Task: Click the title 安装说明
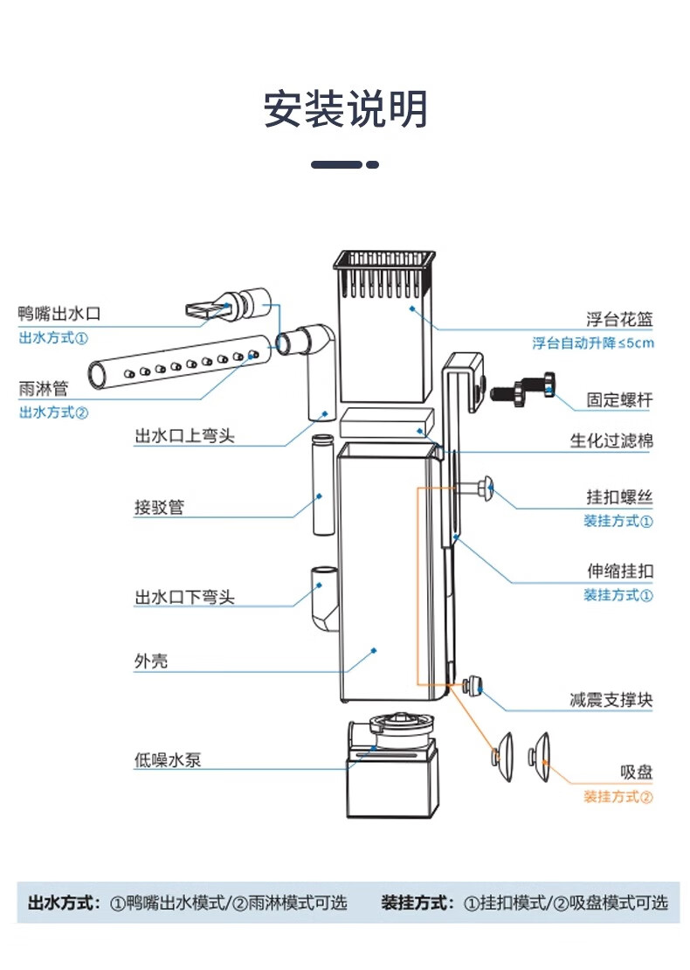click(x=346, y=111)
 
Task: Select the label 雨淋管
click(x=43, y=387)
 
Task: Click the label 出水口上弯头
click(x=184, y=435)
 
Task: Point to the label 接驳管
click(x=159, y=507)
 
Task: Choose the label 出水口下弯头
click(x=184, y=598)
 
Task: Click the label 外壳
click(x=151, y=662)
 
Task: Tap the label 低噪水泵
click(x=168, y=759)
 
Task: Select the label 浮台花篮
click(x=619, y=319)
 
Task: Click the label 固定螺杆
click(x=619, y=400)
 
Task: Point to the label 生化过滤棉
click(x=611, y=441)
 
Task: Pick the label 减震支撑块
click(x=611, y=700)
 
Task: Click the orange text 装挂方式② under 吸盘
click(x=618, y=797)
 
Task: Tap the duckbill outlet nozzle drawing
click(x=229, y=306)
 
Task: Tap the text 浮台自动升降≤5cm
click(x=593, y=343)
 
